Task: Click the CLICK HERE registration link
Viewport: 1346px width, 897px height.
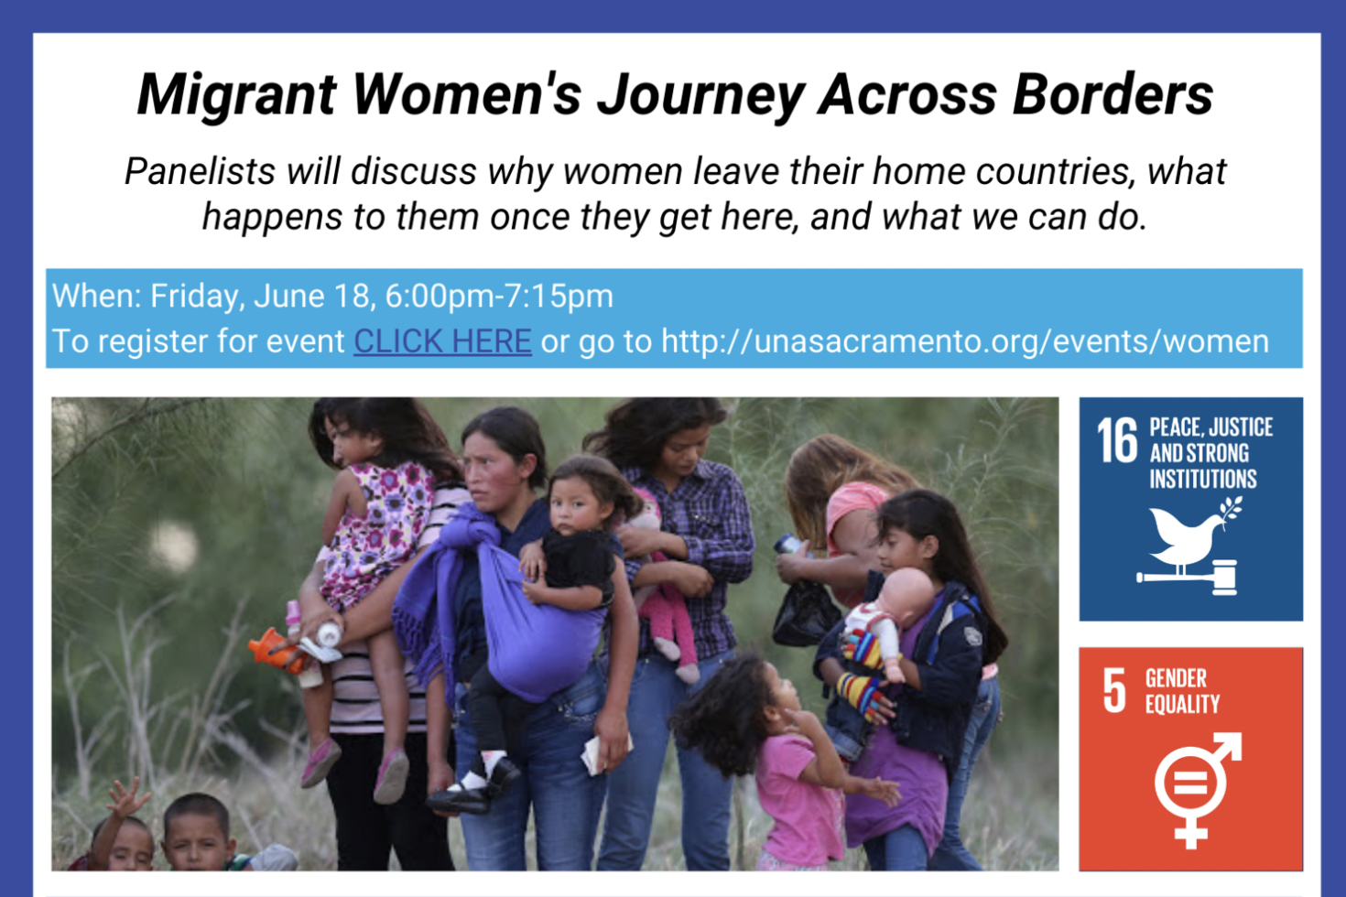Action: point(442,341)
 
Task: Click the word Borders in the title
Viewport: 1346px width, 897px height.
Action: point(1113,95)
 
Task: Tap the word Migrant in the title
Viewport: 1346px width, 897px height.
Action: point(236,96)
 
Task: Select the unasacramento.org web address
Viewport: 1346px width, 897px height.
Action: point(965,341)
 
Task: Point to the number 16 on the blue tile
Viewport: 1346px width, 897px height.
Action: point(1117,440)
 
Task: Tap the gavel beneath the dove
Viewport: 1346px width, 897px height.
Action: point(1187,578)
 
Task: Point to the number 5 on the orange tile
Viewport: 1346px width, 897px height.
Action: point(1114,691)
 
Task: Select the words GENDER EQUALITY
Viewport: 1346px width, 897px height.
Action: point(1182,691)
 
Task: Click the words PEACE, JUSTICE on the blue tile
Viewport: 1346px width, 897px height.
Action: point(1210,427)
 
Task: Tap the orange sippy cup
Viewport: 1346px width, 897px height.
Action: point(276,648)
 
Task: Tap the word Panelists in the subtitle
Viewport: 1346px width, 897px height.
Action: point(201,172)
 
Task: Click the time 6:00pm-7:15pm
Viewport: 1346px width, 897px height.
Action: point(499,297)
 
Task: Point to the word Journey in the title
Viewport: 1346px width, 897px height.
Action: point(700,97)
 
